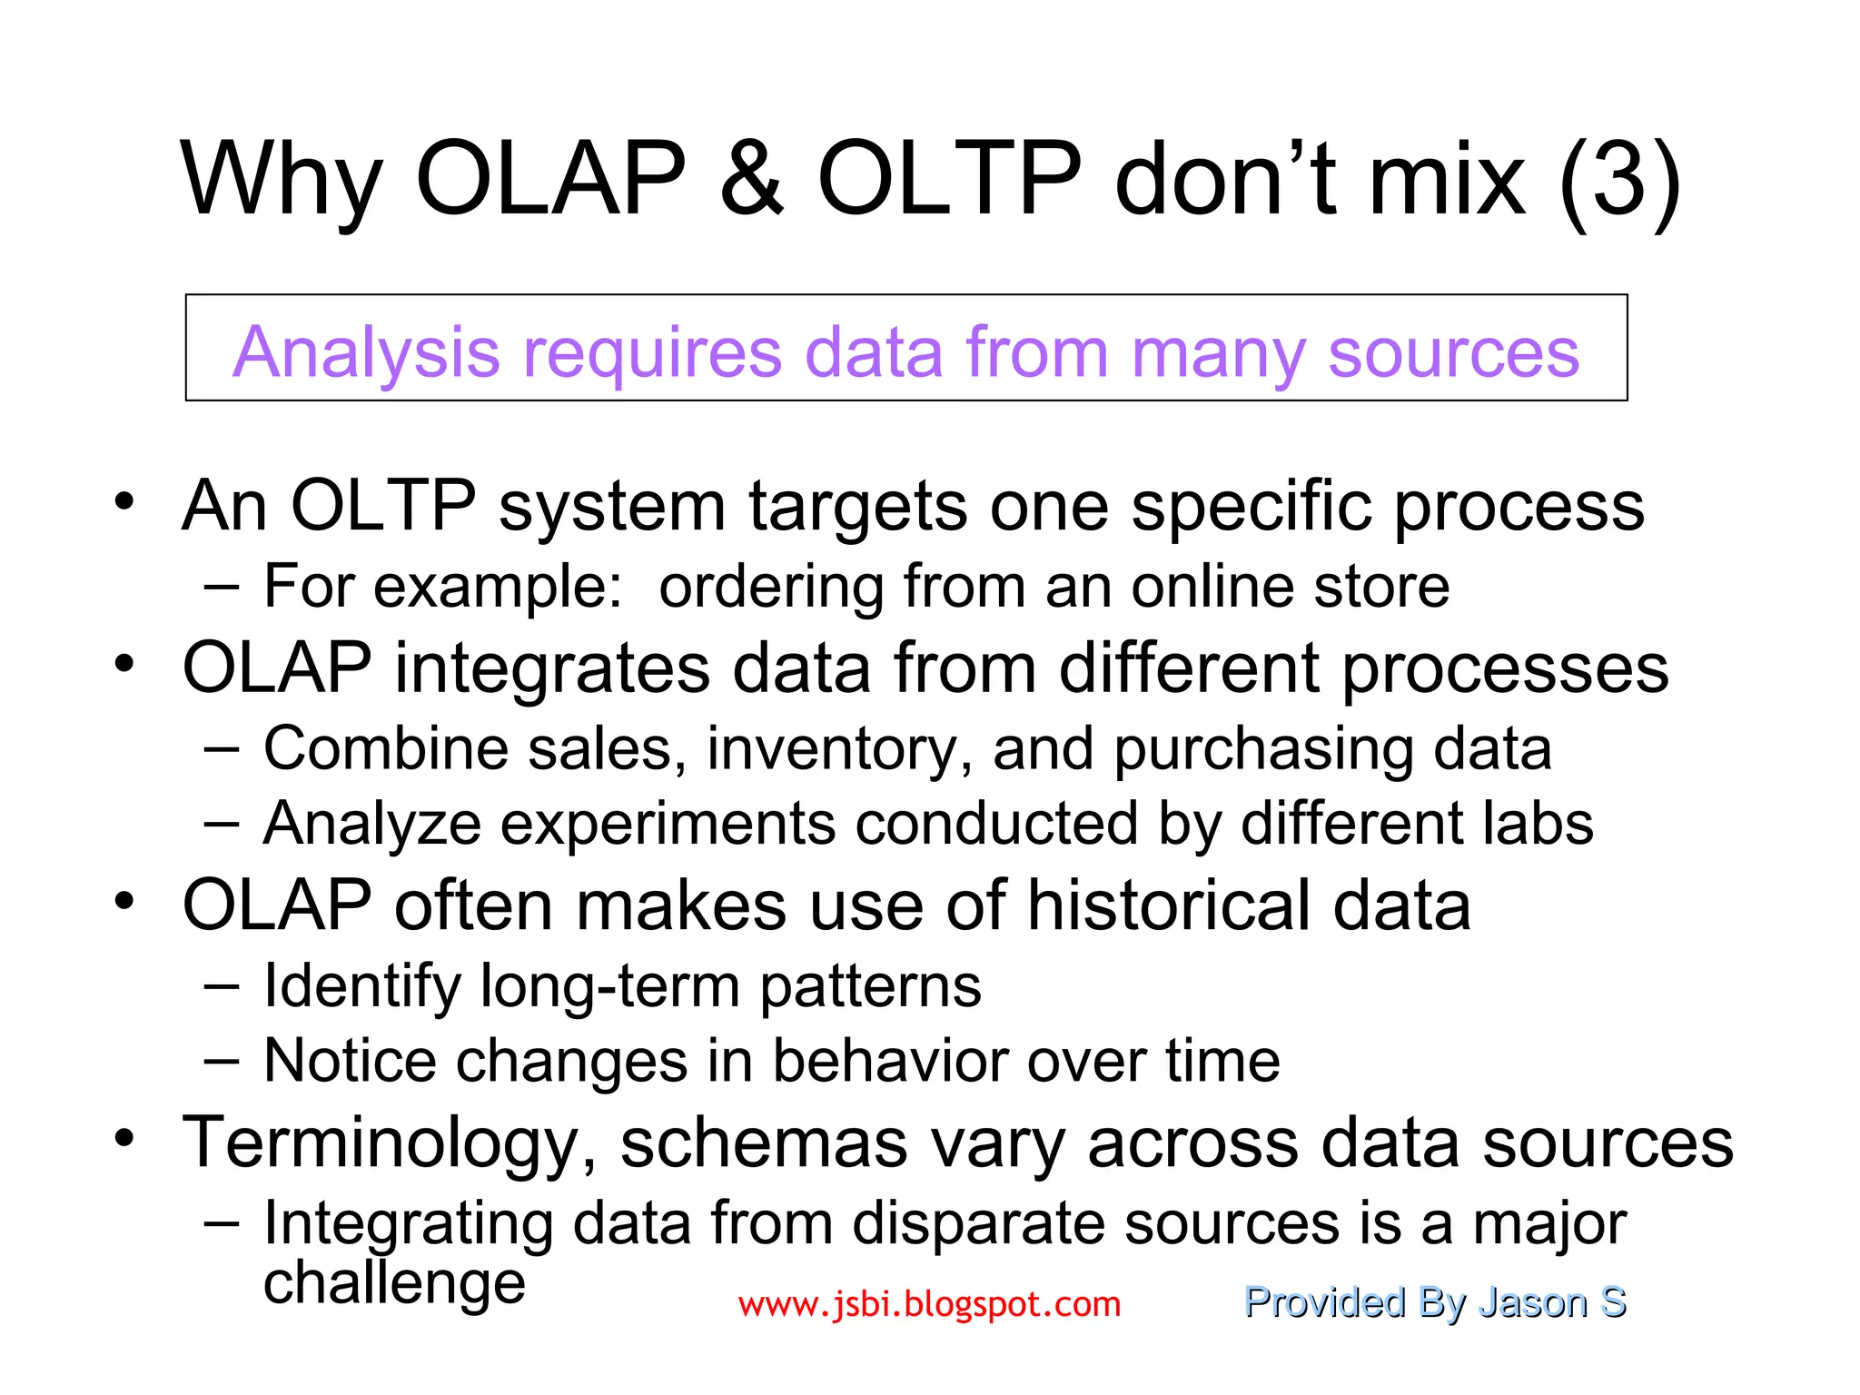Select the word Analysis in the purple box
point(366,353)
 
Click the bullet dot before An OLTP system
point(124,501)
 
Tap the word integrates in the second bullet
point(550,668)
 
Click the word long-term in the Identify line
point(609,986)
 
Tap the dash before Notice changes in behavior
point(222,1061)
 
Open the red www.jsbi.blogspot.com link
point(929,1304)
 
